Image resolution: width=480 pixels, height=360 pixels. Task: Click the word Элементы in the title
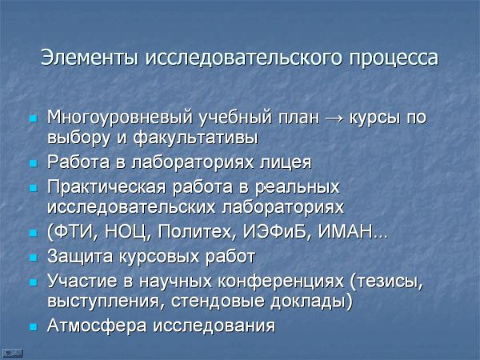pos(89,58)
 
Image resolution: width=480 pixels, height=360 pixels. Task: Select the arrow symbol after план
pos(334,118)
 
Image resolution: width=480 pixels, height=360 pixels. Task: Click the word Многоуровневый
pos(121,118)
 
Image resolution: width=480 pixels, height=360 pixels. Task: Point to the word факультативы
pos(196,138)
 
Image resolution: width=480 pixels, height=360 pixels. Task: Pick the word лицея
pos(286,162)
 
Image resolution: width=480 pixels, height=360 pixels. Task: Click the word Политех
pos(195,232)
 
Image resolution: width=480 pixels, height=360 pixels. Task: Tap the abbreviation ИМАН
pos(346,232)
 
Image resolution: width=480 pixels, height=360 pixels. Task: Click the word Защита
pos(80,256)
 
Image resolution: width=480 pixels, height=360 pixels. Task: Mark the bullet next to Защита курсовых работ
pos(33,257)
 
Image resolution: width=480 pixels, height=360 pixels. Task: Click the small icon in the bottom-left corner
pos(12,353)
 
